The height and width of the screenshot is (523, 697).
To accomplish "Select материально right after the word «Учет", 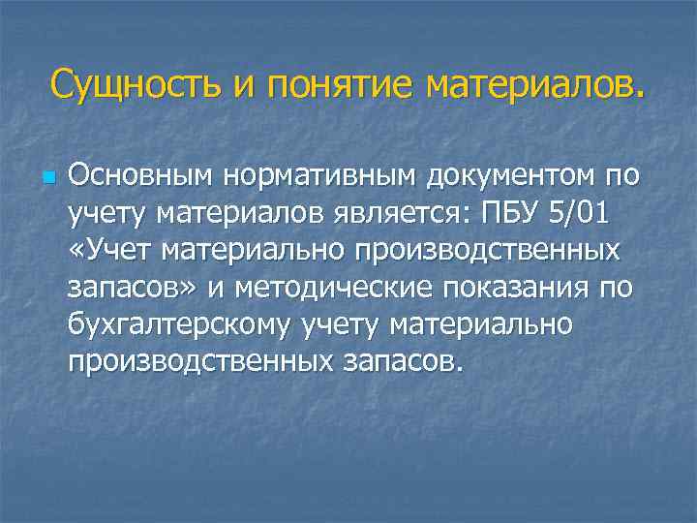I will (x=257, y=250).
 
